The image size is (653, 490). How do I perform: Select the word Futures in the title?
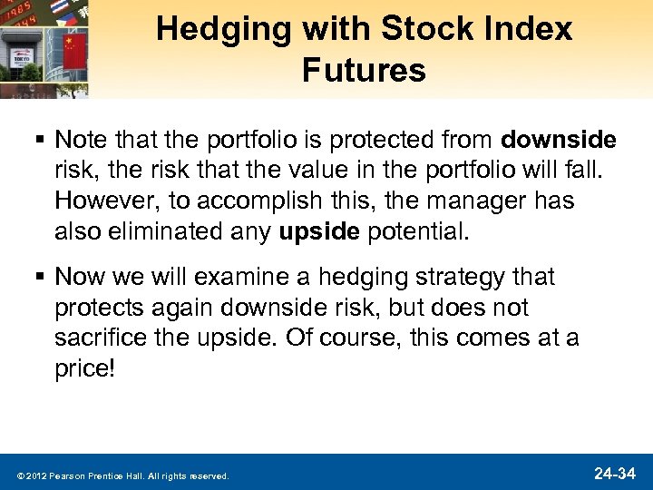[x=365, y=69]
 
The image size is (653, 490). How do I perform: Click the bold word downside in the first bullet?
[x=559, y=141]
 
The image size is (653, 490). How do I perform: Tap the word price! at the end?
[x=85, y=369]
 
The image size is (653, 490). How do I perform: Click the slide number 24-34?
[x=614, y=473]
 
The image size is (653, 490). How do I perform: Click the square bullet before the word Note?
[x=42, y=142]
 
